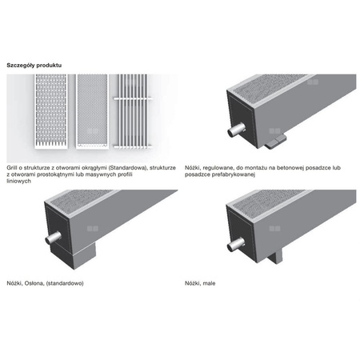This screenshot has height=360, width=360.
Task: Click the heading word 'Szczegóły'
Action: pyautogui.click(x=22, y=64)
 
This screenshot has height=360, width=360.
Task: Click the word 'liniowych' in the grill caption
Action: pyautogui.click(x=18, y=174)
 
